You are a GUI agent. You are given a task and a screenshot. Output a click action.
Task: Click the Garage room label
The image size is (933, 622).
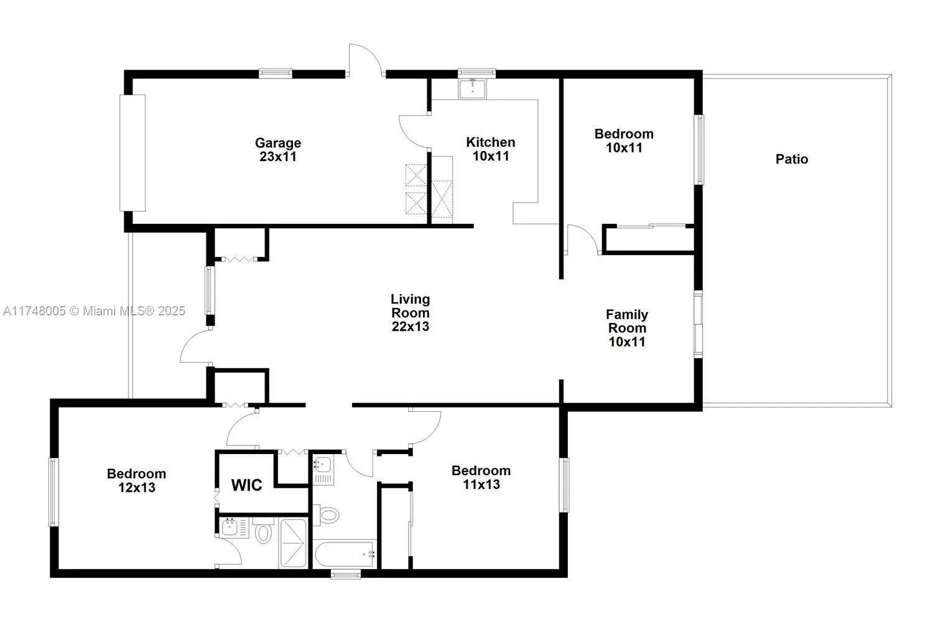click(278, 150)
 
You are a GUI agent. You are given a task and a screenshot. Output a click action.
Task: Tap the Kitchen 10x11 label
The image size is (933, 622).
click(491, 149)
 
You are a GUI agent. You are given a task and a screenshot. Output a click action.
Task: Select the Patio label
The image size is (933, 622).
click(792, 159)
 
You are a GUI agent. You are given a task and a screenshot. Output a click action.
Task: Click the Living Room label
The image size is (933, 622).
click(410, 313)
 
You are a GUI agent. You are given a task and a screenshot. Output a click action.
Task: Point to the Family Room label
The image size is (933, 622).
click(627, 328)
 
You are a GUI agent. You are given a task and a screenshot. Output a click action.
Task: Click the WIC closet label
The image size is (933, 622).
click(247, 485)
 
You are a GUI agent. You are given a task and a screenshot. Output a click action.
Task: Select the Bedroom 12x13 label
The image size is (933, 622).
click(136, 480)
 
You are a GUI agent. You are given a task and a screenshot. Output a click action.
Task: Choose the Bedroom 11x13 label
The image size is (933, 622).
click(481, 477)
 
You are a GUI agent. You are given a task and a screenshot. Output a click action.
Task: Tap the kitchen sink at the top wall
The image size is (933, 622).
click(475, 88)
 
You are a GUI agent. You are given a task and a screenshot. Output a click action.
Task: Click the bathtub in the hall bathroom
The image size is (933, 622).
click(345, 553)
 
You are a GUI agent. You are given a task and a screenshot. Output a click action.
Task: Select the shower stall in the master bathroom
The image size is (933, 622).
click(292, 543)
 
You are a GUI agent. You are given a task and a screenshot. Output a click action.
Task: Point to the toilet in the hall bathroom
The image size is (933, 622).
click(328, 514)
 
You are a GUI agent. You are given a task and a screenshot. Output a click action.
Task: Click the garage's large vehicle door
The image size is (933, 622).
click(132, 152)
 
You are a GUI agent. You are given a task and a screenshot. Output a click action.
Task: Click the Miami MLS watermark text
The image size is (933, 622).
click(94, 310)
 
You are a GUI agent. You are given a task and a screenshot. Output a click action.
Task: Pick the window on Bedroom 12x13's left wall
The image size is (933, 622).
click(53, 492)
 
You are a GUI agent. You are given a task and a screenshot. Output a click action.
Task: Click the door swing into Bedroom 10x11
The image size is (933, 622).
click(582, 239)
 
